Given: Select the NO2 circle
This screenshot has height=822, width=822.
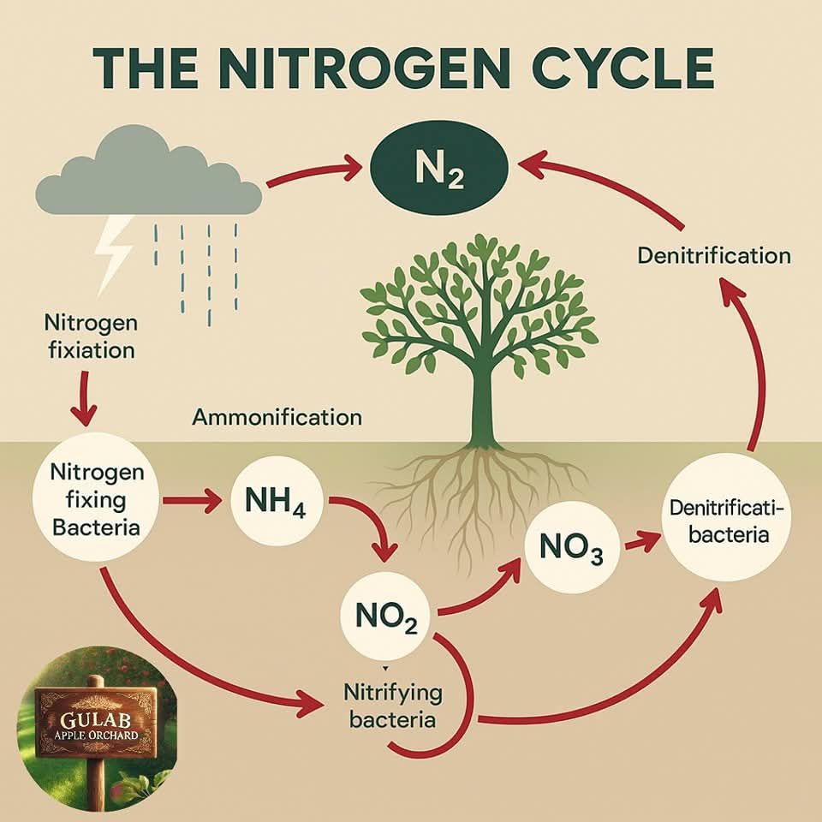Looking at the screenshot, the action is click(x=386, y=615).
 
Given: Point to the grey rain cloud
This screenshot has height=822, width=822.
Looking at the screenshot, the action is click(x=148, y=171).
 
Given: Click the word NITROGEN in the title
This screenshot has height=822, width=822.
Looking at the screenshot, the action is click(x=368, y=68).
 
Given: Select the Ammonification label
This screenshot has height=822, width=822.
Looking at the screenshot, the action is click(x=277, y=417).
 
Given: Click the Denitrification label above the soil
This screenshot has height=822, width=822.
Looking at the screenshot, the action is click(x=714, y=256).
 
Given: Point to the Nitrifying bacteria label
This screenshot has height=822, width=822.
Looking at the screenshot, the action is click(x=392, y=706).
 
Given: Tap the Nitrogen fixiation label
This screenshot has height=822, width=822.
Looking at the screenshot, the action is click(x=92, y=336).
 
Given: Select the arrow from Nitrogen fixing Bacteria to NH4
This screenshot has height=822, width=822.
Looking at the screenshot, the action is click(x=193, y=501).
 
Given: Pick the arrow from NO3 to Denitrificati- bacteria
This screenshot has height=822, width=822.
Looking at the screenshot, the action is click(x=641, y=541).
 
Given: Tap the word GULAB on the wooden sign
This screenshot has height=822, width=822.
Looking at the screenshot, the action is click(x=95, y=718).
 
